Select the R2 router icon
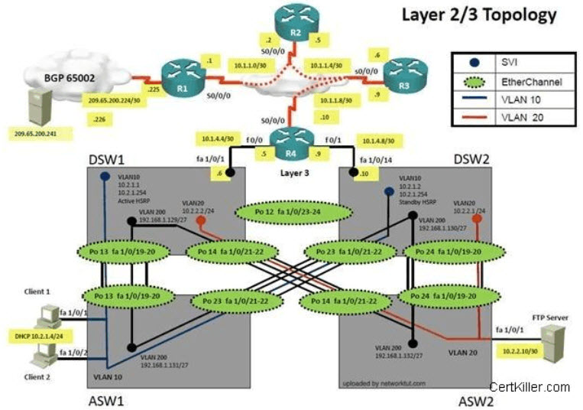click(x=294, y=21)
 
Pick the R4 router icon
click(x=290, y=142)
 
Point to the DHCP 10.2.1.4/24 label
click(x=37, y=335)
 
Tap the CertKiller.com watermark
click(x=530, y=387)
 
